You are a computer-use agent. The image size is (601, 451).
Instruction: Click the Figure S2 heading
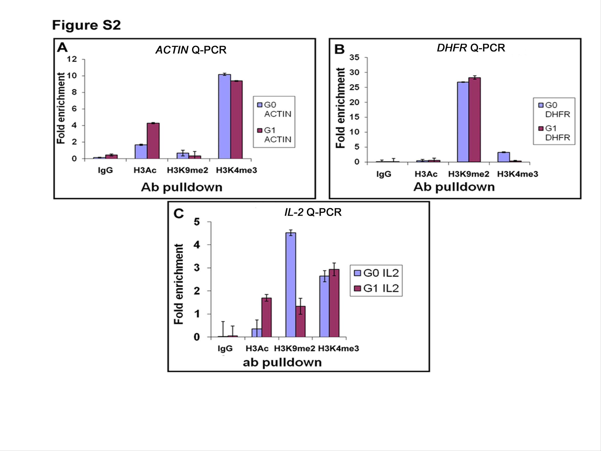[86, 25]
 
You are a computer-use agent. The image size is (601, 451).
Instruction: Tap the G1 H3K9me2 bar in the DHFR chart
[474, 120]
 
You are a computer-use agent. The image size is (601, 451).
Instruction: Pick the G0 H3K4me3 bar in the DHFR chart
[503, 157]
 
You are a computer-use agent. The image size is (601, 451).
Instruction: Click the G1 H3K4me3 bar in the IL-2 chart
[334, 303]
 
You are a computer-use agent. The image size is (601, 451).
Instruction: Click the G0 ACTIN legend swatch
[260, 105]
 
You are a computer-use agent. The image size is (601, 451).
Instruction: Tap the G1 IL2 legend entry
[376, 288]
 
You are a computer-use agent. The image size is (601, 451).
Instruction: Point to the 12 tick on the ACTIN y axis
[72, 59]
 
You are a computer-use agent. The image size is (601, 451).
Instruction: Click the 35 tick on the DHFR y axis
[354, 57]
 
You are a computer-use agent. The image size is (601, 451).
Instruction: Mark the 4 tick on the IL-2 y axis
[197, 245]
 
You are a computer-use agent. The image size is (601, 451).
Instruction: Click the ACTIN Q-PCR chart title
[191, 50]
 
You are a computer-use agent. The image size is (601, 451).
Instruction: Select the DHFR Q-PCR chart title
[471, 48]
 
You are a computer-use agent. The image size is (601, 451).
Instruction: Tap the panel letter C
[178, 214]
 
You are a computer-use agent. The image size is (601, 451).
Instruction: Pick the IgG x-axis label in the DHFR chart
[384, 174]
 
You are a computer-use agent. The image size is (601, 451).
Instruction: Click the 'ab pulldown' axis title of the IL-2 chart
[282, 363]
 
